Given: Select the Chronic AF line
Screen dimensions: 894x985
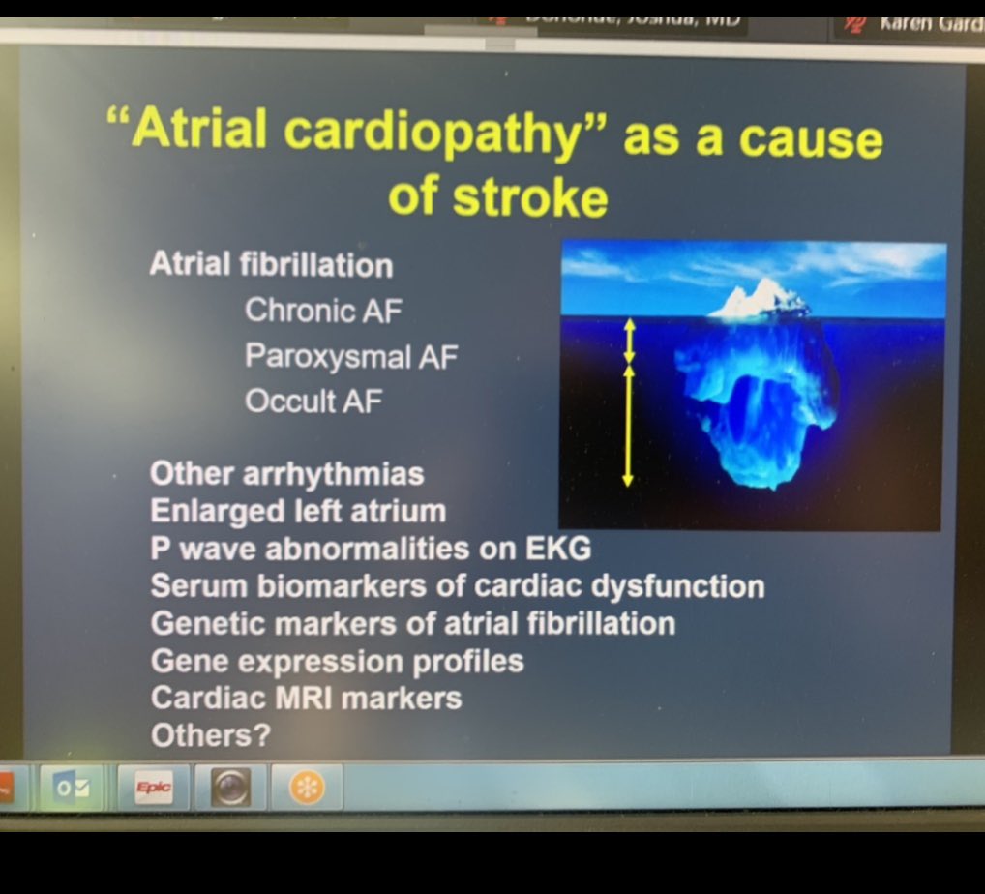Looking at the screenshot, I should [323, 311].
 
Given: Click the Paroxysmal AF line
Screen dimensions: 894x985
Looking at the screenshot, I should [351, 356].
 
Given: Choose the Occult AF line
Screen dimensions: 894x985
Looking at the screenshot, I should [313, 401].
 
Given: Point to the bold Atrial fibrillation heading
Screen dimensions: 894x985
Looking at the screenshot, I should [271, 264].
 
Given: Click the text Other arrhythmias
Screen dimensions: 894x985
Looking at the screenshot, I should [287, 474].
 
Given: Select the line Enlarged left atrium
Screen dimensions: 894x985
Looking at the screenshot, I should [298, 511].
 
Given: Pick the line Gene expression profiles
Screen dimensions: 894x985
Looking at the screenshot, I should [338, 662].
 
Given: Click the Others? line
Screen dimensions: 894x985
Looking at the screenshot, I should [210, 736].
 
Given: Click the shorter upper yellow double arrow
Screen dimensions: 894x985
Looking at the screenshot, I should [629, 341].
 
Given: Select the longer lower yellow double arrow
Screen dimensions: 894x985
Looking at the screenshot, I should [628, 425].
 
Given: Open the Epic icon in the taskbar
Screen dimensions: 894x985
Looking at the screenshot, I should [153, 788].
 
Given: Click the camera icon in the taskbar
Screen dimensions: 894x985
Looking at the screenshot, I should [230, 788].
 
